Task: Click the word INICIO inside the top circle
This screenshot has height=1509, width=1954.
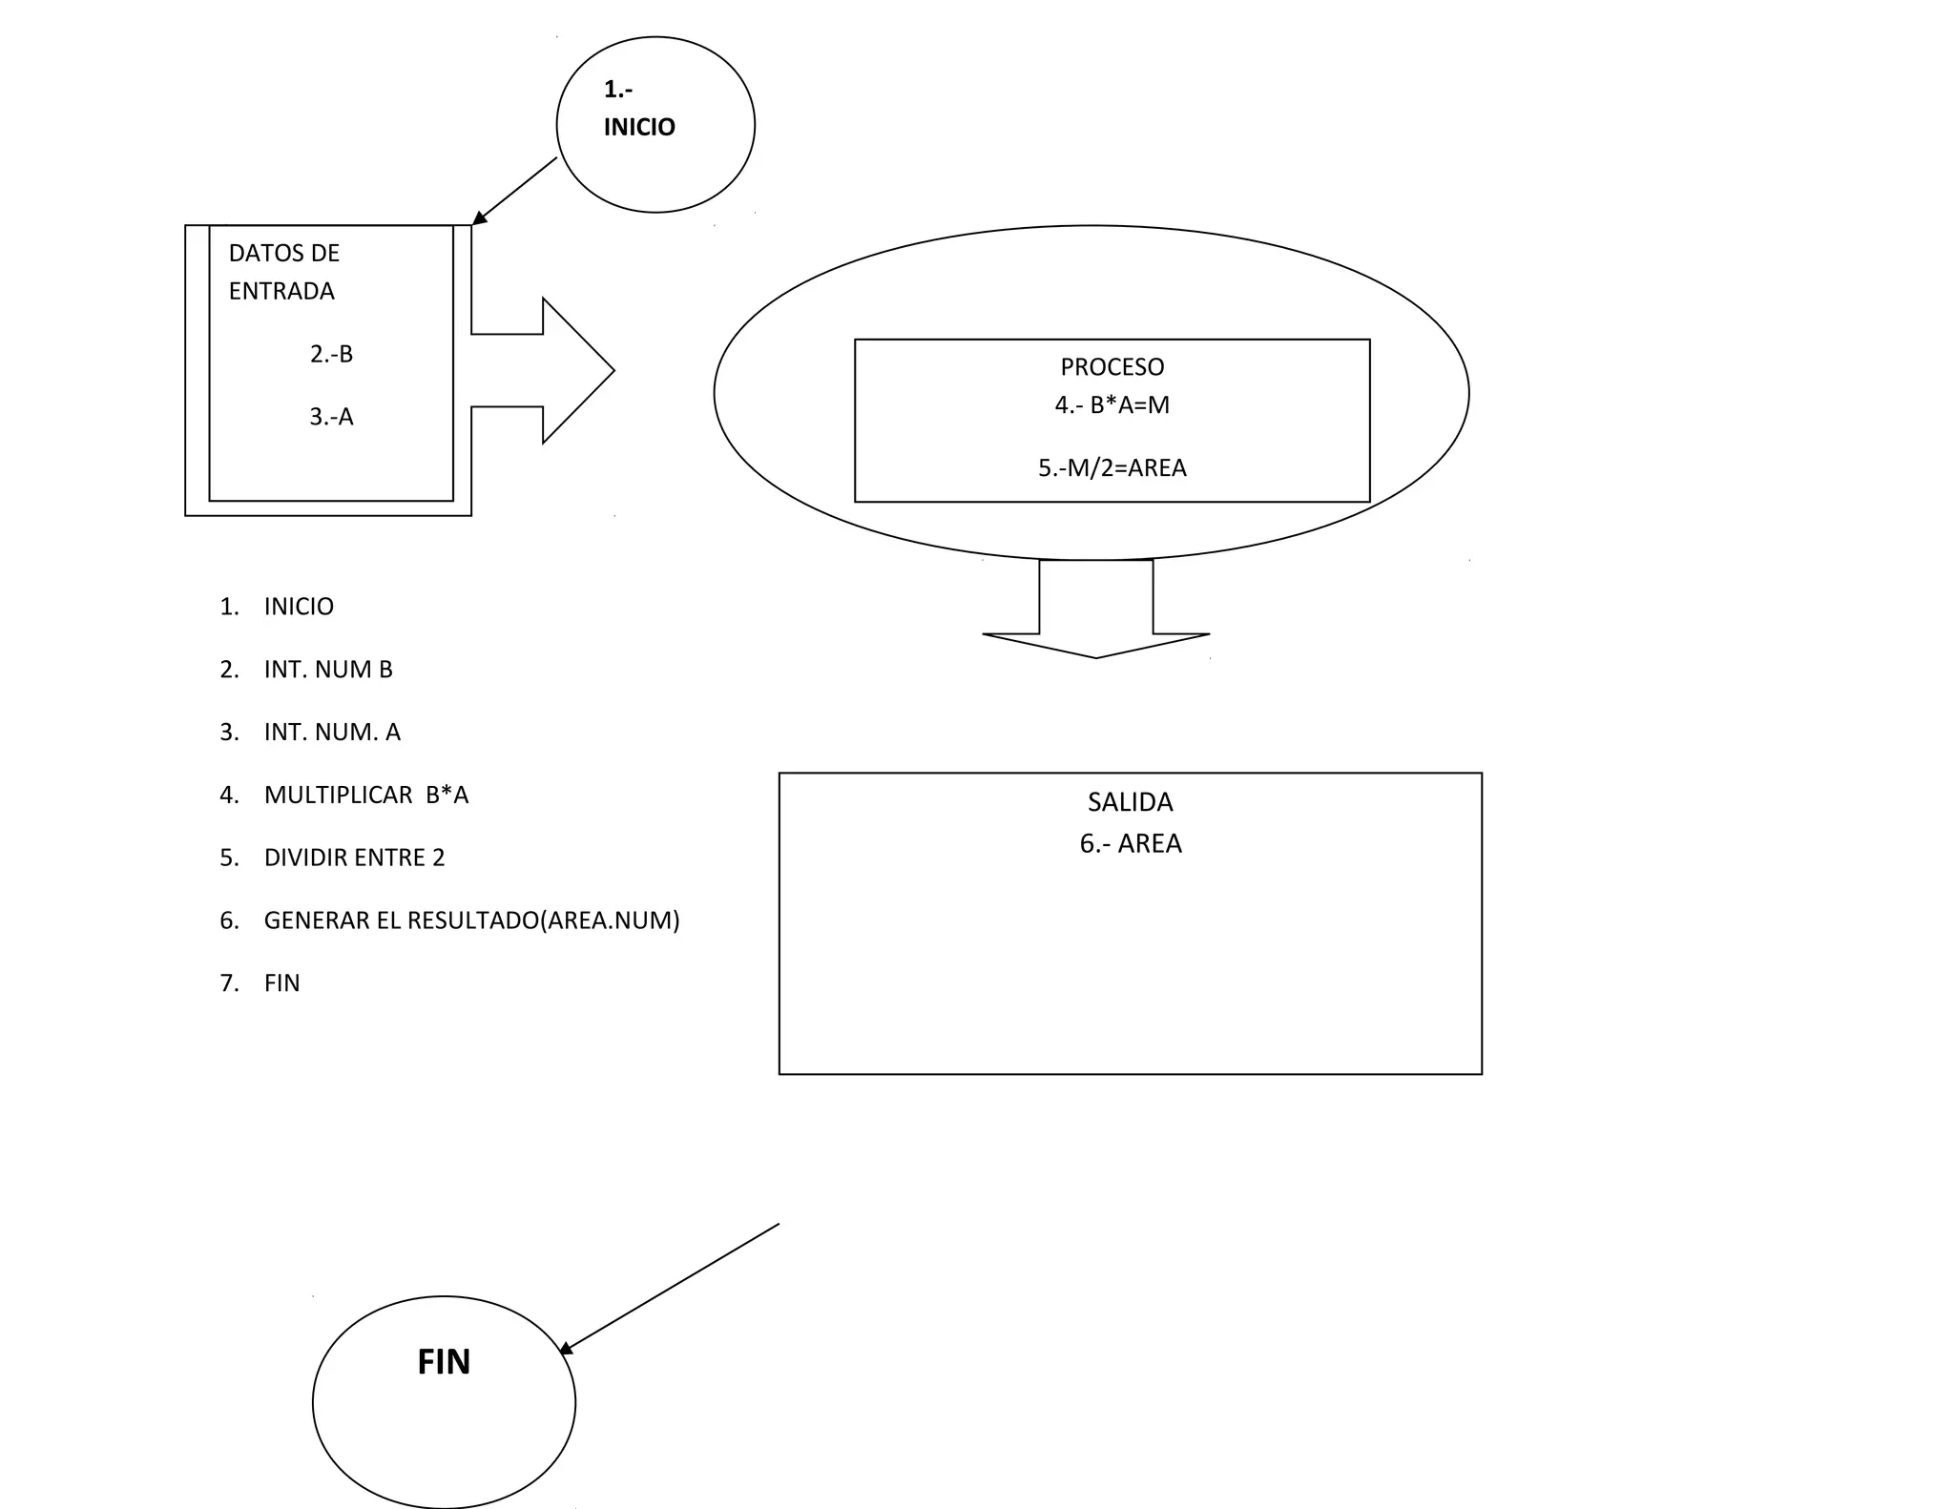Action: [639, 127]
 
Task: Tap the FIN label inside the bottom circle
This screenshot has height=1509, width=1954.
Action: [444, 1361]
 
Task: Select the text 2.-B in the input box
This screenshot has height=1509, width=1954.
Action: [331, 354]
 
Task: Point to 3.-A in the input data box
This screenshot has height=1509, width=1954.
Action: [331, 417]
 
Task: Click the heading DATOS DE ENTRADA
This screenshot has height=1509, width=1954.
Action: [283, 272]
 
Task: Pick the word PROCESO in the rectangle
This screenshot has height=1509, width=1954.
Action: [1112, 367]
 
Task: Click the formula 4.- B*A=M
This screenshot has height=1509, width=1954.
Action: [1112, 405]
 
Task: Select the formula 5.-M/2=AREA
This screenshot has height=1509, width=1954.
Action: [1112, 468]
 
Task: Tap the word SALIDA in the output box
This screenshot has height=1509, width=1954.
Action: [1130, 802]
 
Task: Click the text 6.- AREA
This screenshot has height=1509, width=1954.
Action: [1130, 844]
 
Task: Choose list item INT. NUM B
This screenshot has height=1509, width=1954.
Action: [328, 670]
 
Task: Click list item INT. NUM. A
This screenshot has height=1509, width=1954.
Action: [332, 733]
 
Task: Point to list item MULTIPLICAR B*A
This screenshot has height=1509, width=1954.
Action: [366, 796]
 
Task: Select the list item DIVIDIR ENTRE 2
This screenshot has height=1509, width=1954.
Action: [354, 858]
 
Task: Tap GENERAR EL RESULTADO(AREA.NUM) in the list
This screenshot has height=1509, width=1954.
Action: [471, 920]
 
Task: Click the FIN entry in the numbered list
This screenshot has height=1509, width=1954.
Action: [281, 983]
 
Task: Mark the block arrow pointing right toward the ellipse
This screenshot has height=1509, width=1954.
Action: [553, 370]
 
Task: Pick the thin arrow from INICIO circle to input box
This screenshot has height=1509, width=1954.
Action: [515, 191]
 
